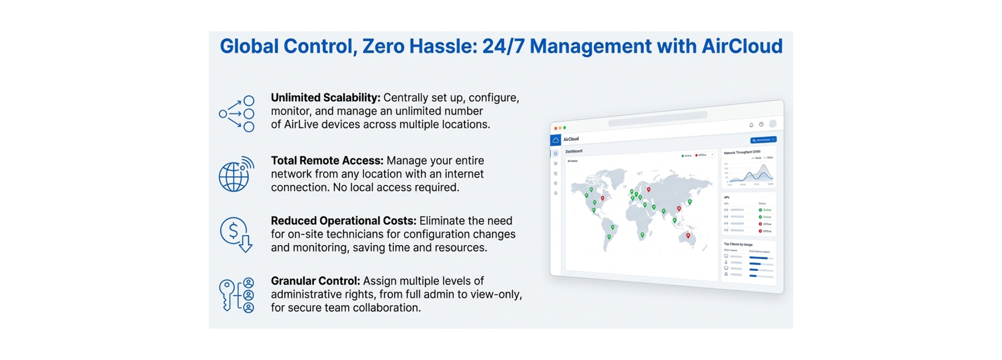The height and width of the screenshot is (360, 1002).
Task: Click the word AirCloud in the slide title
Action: point(742,46)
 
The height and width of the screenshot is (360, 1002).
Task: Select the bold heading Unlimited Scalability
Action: point(325,98)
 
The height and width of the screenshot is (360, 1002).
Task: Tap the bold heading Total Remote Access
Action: point(327,161)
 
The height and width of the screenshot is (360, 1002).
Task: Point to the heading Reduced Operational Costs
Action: point(343,221)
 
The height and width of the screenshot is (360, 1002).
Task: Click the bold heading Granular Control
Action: point(315,281)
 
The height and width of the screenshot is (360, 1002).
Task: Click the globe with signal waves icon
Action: point(235,174)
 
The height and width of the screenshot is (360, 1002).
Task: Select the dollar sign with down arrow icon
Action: point(236,234)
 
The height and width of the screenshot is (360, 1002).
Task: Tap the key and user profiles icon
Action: point(236,295)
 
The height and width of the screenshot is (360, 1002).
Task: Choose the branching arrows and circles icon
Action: point(236,114)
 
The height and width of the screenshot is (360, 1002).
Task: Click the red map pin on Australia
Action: point(688,236)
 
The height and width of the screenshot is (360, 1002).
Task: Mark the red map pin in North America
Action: point(603,198)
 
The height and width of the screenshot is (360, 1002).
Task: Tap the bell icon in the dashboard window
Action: point(751,125)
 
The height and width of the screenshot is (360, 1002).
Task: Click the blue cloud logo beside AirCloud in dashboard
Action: point(556,140)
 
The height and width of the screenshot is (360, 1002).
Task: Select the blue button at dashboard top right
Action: point(763,140)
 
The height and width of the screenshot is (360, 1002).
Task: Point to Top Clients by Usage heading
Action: point(738,244)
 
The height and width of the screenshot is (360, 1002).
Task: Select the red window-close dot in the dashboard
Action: point(555,128)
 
